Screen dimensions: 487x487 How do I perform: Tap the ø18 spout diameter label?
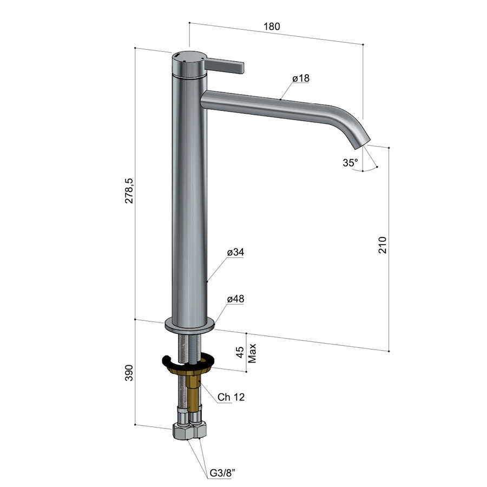coord(300,78)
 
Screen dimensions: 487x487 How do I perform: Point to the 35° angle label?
coord(350,162)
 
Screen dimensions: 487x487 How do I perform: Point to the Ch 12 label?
coord(231,397)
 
